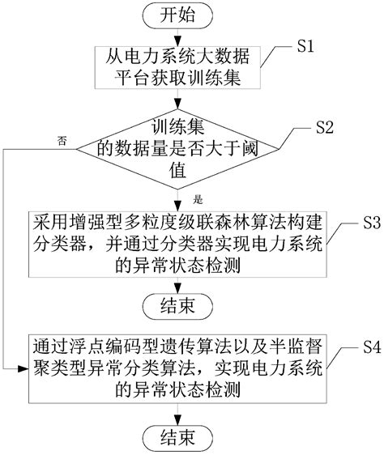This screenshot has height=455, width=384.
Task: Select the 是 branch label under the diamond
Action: pos(198,197)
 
